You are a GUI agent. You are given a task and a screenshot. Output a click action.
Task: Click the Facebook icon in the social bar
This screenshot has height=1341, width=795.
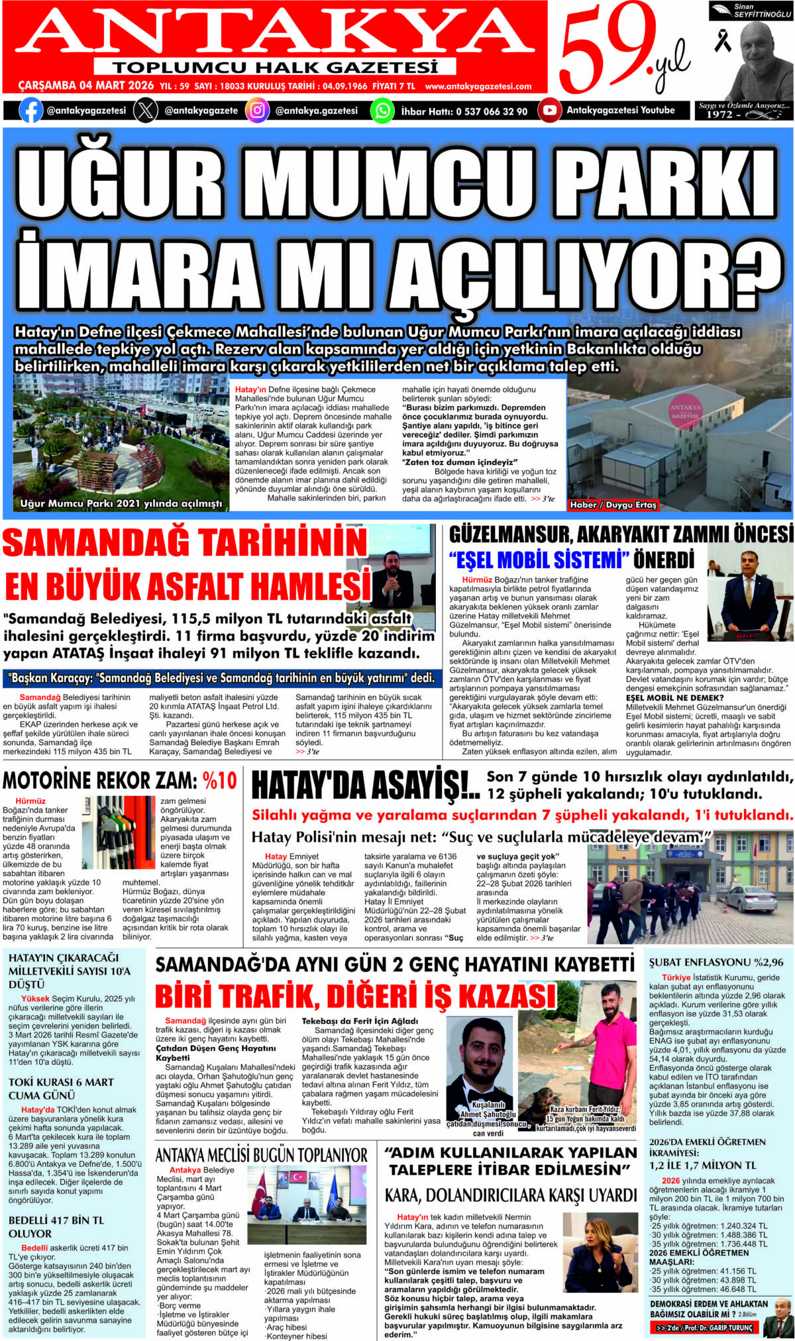(30, 111)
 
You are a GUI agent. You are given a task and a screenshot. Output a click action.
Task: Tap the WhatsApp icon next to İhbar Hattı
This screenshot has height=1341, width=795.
(382, 111)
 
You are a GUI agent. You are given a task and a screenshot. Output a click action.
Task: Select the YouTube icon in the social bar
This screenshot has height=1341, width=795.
(549, 111)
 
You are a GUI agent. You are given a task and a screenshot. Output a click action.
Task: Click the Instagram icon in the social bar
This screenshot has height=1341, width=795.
(257, 111)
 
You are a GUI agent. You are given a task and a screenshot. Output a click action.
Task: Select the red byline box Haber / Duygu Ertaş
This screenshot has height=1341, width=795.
(613, 505)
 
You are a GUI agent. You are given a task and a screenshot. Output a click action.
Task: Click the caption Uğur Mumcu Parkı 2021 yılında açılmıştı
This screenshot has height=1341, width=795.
(121, 503)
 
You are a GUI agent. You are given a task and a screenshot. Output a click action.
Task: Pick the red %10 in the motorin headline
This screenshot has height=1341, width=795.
(219, 781)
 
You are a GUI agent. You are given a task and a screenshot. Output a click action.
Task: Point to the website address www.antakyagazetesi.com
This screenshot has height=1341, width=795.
(478, 86)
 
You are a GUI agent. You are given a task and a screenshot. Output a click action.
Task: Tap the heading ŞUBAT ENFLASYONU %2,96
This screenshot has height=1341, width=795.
(715, 962)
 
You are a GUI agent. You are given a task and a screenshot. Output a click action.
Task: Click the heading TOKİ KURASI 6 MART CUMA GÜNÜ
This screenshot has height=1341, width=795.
(61, 1089)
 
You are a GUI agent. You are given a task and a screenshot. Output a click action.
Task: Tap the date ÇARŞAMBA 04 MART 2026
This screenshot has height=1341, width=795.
(85, 86)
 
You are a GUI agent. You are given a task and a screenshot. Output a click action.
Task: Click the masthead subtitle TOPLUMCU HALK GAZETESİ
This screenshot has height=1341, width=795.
(275, 68)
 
